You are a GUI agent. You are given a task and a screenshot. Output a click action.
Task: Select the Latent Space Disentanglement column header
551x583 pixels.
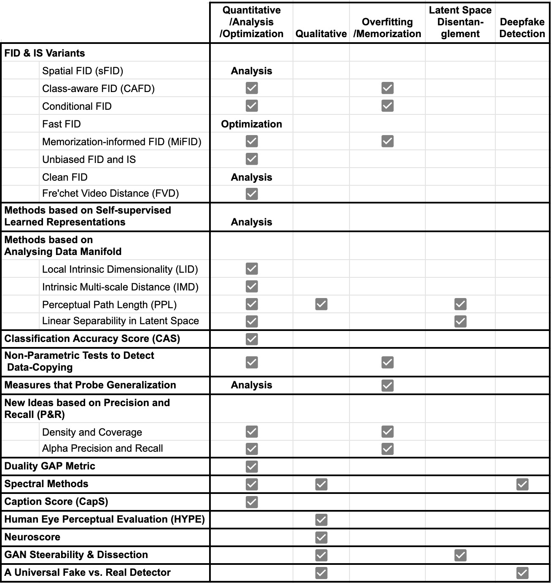coord(460,22)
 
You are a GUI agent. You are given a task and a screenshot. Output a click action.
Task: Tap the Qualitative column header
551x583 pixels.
coord(321,34)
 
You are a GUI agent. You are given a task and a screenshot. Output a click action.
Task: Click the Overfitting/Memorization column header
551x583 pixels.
coord(387,28)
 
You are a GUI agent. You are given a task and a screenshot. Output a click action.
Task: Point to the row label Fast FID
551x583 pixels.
coord(62,124)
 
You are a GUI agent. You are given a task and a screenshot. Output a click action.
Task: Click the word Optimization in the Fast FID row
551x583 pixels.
coord(251,124)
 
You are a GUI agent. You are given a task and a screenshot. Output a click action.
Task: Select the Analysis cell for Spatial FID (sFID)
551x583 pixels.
coord(251,71)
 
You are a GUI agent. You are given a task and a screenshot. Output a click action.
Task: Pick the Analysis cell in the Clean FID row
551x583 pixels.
coord(251,177)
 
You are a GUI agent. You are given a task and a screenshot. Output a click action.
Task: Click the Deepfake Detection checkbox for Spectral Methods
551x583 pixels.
coord(522,484)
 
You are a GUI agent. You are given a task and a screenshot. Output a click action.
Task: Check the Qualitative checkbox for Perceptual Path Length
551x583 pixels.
coord(321,304)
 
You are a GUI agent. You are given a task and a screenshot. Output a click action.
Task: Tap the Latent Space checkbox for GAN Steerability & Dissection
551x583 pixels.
coord(460,555)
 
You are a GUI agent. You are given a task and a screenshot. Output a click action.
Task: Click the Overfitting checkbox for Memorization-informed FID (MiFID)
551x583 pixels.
coord(387,141)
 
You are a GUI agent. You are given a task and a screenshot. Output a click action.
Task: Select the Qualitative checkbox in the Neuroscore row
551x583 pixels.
coord(321,537)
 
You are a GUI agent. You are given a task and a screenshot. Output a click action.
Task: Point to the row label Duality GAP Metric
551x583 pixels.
coord(50,466)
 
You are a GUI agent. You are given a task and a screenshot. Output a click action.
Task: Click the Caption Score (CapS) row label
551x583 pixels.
coord(56,502)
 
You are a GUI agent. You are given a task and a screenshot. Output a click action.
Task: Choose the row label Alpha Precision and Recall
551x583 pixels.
coord(102,448)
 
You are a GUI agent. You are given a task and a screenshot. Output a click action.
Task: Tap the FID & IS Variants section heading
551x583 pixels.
coord(45,53)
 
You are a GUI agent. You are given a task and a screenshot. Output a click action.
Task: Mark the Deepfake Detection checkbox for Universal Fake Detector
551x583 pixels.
coord(522,573)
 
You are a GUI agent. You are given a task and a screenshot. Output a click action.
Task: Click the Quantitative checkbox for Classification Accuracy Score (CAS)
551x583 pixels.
coord(252,339)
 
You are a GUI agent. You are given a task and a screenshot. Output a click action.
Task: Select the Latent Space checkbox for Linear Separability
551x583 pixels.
coord(460,321)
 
